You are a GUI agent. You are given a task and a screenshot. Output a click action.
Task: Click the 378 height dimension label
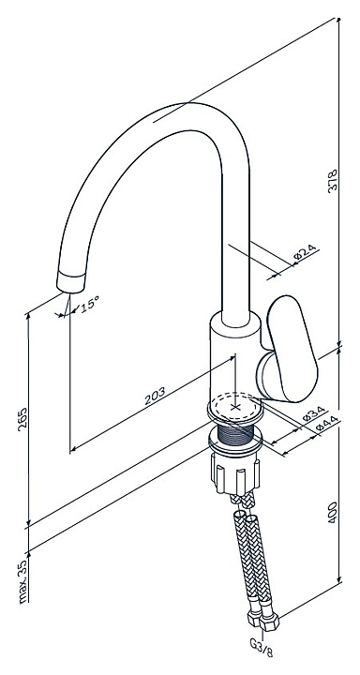coord(332,181)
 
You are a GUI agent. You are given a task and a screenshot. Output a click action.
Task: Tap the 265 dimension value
coord(22,417)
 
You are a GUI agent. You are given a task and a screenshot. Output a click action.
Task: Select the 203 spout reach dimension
coord(155,396)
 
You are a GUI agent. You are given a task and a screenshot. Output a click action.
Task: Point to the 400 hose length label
coord(333,512)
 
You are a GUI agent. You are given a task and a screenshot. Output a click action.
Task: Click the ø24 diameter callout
coord(306,252)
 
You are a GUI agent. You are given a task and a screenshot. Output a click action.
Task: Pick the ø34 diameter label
coord(314,413)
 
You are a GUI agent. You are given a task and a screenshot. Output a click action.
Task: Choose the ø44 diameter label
coord(326,425)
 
